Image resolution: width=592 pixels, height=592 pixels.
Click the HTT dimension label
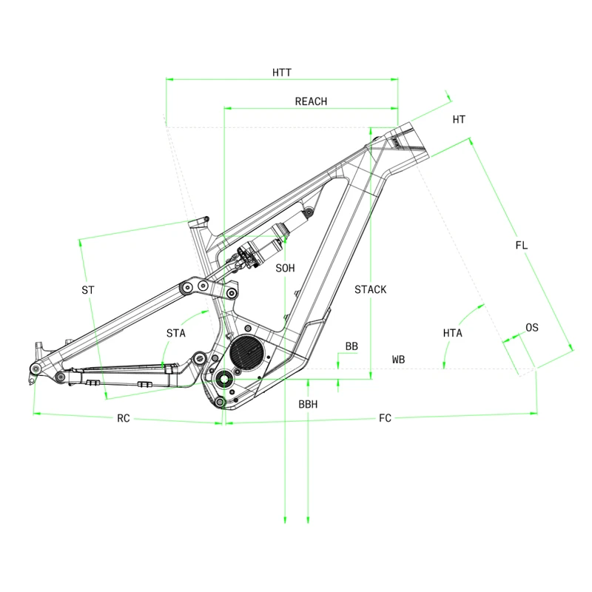pyautogui.click(x=281, y=72)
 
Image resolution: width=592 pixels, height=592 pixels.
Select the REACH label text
pyautogui.click(x=311, y=101)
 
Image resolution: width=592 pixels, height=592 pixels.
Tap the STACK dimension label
pyautogui.click(x=370, y=289)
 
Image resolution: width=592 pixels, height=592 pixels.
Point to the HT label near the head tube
pyautogui.click(x=459, y=119)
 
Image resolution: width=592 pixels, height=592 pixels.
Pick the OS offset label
pyautogui.click(x=531, y=327)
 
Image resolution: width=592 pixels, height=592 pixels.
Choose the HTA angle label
pyautogui.click(x=452, y=333)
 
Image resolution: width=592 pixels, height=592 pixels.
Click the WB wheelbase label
pyautogui.click(x=398, y=360)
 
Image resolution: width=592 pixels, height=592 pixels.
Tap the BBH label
pyautogui.click(x=308, y=405)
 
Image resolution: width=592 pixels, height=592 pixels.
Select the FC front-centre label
pyautogui.click(x=385, y=419)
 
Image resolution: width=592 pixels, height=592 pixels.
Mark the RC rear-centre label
pyautogui.click(x=124, y=418)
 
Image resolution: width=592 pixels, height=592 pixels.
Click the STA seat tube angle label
pyautogui.click(x=175, y=334)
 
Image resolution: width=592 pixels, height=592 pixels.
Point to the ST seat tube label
pyautogui.click(x=88, y=290)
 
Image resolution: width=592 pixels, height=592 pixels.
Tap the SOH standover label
pyautogui.click(x=285, y=268)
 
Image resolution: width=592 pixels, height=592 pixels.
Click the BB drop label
pyautogui.click(x=351, y=346)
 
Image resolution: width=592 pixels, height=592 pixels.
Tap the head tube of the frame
pyautogui.click(x=403, y=144)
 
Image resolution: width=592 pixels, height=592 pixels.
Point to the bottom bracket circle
pyautogui.click(x=223, y=378)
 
